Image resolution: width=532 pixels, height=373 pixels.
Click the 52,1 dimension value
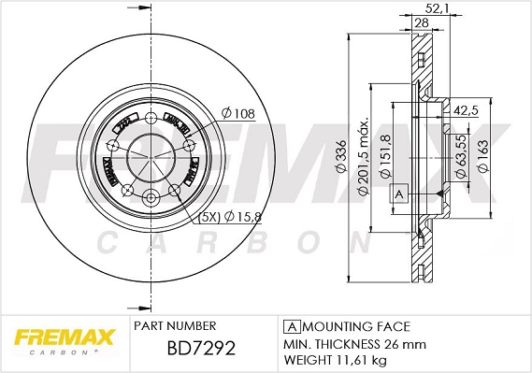click(x=436, y=10)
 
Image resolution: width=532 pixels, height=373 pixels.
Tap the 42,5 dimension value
click(x=465, y=110)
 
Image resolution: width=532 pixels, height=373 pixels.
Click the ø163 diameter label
click(x=483, y=156)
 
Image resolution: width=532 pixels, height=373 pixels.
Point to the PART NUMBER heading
click(x=176, y=325)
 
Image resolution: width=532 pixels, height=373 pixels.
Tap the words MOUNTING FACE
click(x=355, y=325)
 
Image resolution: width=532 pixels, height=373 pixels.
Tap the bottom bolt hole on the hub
click(x=151, y=196)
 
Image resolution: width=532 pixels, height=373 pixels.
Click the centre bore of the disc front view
click(x=151, y=155)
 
